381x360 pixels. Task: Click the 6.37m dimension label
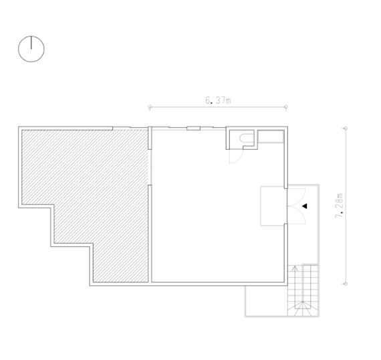pyautogui.click(x=218, y=100)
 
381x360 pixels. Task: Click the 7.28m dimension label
pyautogui.click(x=339, y=205)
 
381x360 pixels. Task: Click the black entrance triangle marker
pyautogui.click(x=304, y=206)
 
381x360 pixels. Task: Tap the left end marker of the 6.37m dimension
pyautogui.click(x=150, y=107)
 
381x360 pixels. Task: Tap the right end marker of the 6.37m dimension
pyautogui.click(x=286, y=107)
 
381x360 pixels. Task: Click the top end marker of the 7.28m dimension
pyautogui.click(x=346, y=128)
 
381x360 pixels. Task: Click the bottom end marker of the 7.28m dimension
pyautogui.click(x=346, y=284)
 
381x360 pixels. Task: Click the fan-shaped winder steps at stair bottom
pyautogui.click(x=303, y=309)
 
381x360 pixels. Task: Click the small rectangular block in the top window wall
pyautogui.click(x=193, y=128)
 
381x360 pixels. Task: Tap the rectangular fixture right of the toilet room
pyautogui.click(x=271, y=137)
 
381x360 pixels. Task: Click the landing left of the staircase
pyautogui.click(x=266, y=301)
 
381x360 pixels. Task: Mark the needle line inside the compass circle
pyautogui.click(x=31, y=43)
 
